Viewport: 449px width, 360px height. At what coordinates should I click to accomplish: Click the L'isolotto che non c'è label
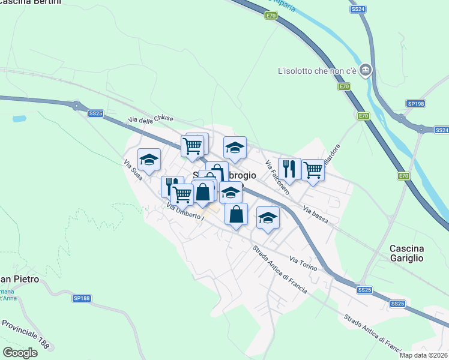point(317,71)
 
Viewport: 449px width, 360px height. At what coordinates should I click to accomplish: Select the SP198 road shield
point(415,104)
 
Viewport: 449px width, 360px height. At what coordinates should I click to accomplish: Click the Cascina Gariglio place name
point(406,253)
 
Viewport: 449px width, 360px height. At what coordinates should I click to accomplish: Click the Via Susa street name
point(133,170)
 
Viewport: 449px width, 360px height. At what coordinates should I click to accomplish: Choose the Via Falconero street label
point(277,178)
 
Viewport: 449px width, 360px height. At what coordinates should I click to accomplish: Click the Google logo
point(20,353)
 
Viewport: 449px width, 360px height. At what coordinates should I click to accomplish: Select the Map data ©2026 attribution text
point(424,355)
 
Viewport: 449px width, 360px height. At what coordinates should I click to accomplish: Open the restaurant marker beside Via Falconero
point(290,169)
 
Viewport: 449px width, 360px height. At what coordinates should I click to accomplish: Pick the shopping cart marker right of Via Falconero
point(313,170)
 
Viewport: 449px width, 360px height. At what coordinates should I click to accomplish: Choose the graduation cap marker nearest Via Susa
point(149,160)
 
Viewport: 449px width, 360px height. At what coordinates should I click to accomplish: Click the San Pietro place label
point(19,280)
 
